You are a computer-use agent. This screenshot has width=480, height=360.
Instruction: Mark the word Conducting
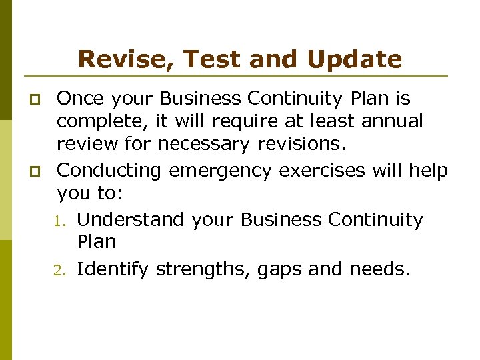pos(109,171)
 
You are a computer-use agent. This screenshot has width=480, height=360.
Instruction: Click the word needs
pos(377,270)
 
